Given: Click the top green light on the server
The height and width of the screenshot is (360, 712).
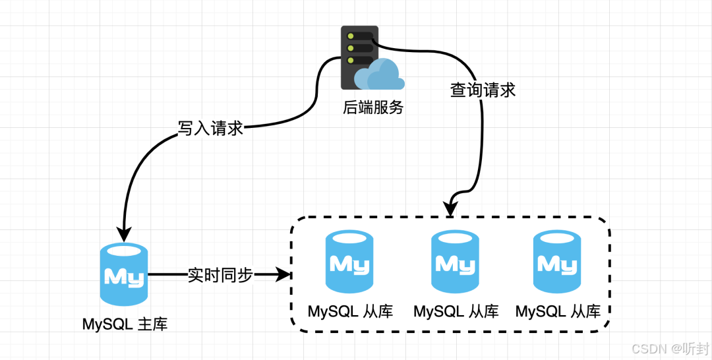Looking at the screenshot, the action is click(350, 36).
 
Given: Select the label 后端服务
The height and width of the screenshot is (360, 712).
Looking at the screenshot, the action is click(372, 107).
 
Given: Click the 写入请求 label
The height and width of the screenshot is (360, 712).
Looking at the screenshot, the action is click(211, 129).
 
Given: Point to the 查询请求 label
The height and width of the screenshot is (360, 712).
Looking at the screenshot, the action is click(483, 90).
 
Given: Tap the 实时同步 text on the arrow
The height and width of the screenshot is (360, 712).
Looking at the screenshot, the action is click(220, 275).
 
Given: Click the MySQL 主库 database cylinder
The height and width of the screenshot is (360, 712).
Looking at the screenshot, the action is click(124, 274).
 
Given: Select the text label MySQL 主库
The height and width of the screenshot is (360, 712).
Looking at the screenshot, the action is click(125, 324).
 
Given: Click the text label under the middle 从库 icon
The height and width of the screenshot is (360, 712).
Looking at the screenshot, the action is click(456, 311).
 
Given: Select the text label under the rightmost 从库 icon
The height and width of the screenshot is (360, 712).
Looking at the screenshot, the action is click(558, 311).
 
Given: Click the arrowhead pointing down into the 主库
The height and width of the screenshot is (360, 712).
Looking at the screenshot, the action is click(124, 234).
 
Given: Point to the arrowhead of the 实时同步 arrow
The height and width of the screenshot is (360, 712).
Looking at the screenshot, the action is click(283, 275).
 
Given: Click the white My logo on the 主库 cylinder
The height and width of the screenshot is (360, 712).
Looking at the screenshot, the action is click(124, 277).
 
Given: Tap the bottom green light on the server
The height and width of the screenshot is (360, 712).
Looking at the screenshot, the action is click(350, 60).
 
